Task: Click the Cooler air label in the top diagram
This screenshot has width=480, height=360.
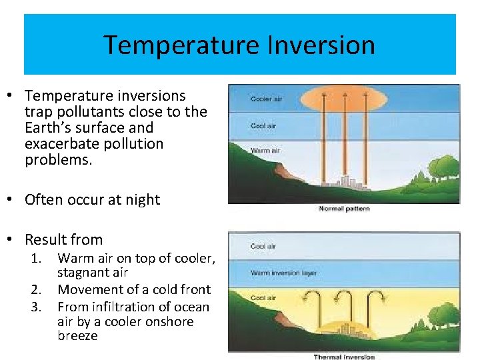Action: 266,99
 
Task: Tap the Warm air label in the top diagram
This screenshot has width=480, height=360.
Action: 265,150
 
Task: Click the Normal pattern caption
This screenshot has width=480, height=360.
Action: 344,209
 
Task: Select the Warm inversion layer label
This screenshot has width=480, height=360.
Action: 283,273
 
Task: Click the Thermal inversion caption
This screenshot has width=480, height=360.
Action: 344,357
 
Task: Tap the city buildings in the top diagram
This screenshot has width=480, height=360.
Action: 346,182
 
